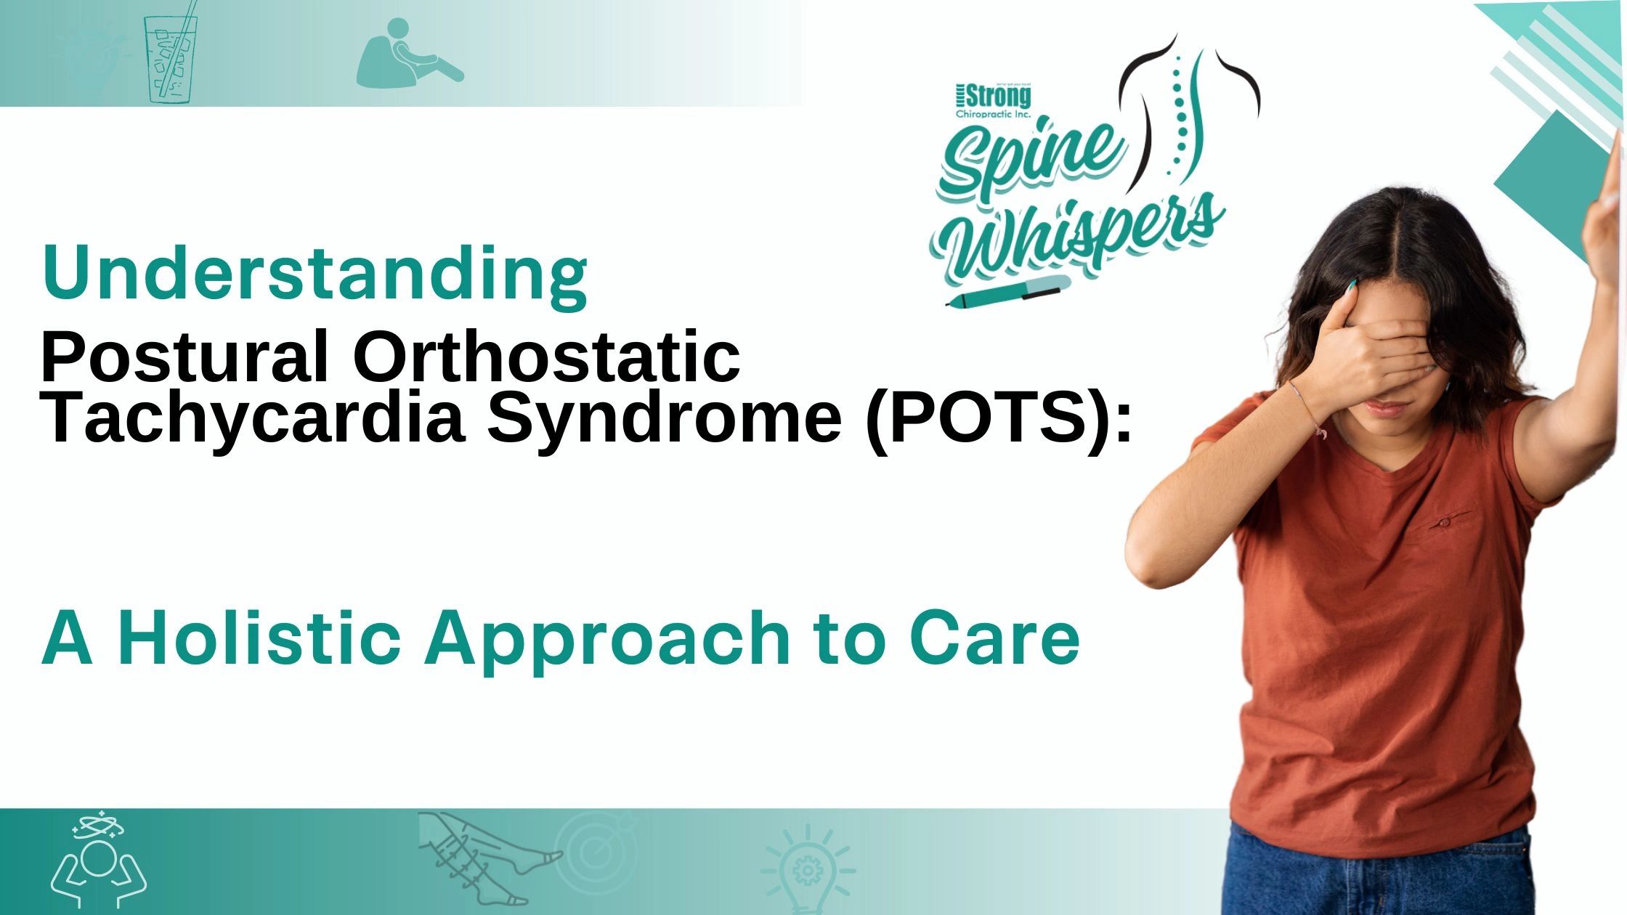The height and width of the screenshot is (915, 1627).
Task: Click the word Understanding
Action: coord(315,274)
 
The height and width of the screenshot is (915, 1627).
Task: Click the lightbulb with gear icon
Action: coord(807,869)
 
